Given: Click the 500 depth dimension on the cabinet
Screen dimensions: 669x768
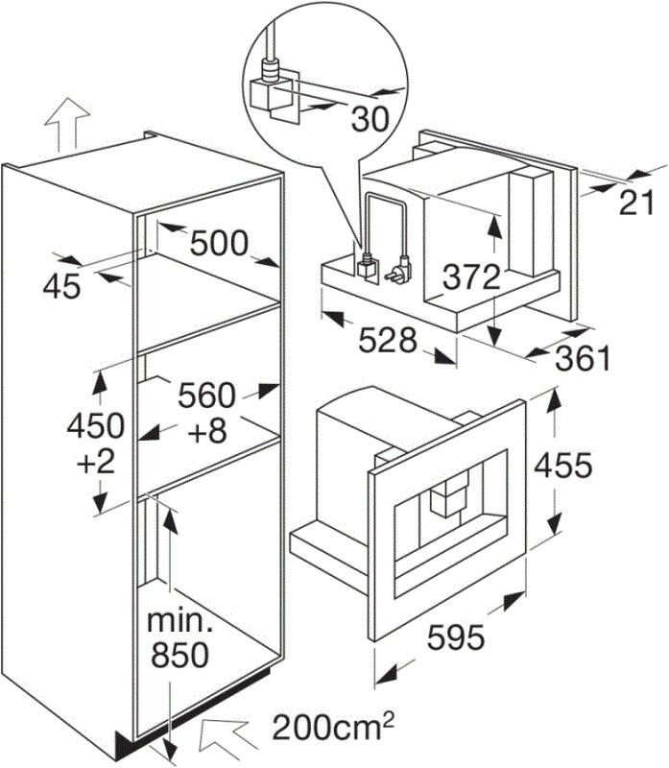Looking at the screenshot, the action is [x=219, y=244].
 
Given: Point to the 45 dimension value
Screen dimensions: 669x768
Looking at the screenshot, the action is [x=61, y=286].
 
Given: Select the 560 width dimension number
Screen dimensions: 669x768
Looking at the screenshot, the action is [x=206, y=396].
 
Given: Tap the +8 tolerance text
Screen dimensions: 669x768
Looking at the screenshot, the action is [x=207, y=431].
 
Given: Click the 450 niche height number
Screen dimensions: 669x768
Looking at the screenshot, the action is [x=95, y=425].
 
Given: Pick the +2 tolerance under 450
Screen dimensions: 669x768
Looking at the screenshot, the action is [x=96, y=462].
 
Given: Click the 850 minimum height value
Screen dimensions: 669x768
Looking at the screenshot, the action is [x=179, y=655].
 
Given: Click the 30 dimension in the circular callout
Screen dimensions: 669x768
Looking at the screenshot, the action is [x=370, y=119].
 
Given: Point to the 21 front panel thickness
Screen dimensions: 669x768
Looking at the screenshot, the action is [x=636, y=203].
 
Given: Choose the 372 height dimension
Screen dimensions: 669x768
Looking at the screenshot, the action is [x=471, y=277].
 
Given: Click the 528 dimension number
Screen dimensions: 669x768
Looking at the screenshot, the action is [x=388, y=340].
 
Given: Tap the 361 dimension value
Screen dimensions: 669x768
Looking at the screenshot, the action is [x=583, y=358].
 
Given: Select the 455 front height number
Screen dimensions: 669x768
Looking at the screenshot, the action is [x=563, y=465].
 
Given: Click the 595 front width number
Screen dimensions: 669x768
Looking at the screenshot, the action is [x=456, y=637].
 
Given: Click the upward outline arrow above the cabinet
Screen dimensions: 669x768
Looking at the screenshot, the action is [x=66, y=125].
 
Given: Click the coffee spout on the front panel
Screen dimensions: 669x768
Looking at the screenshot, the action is [x=445, y=497].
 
